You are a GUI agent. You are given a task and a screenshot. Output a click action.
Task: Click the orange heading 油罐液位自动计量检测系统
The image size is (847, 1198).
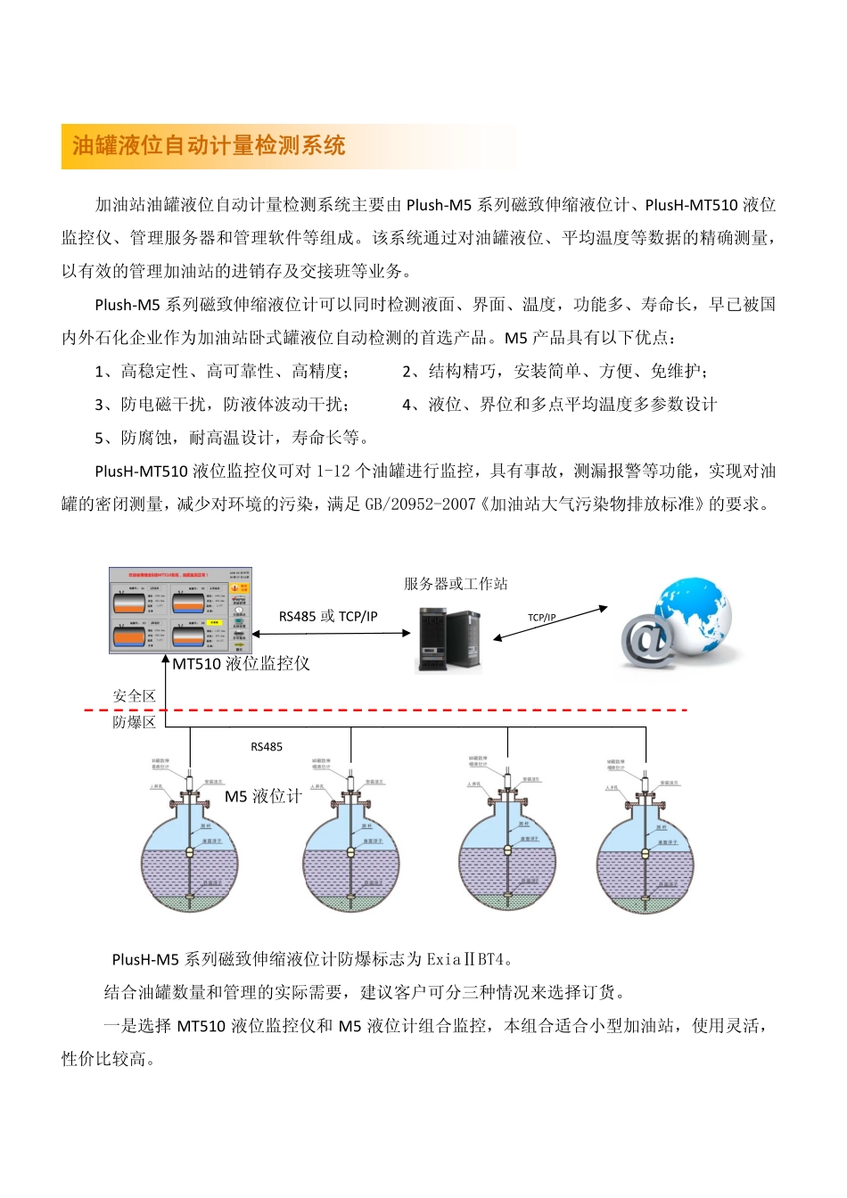(209, 146)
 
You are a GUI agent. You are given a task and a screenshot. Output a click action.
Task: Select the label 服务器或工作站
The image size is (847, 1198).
(456, 584)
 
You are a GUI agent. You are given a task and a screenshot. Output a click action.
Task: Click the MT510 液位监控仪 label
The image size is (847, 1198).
(241, 663)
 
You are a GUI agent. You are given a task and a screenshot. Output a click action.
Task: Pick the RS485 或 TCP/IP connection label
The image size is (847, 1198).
(328, 616)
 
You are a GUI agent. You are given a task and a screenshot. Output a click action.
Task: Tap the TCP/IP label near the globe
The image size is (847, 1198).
(541, 617)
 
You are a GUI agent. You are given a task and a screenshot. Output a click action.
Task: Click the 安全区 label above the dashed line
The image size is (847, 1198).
(134, 696)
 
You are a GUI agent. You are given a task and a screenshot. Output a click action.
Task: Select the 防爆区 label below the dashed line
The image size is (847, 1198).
(134, 722)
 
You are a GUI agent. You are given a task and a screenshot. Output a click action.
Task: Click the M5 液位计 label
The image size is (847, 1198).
(263, 796)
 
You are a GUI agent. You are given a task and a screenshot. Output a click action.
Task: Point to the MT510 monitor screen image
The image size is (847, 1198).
(180, 611)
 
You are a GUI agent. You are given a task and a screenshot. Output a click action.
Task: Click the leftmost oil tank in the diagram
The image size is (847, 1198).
(190, 856)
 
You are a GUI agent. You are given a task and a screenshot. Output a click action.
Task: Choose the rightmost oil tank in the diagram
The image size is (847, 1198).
(645, 856)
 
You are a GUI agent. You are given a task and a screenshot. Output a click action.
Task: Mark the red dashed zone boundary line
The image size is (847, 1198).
(401, 710)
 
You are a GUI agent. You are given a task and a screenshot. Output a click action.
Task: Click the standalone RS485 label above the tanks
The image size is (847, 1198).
(267, 747)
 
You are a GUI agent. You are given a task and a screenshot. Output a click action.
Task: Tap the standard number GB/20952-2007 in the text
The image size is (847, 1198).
(420, 505)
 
